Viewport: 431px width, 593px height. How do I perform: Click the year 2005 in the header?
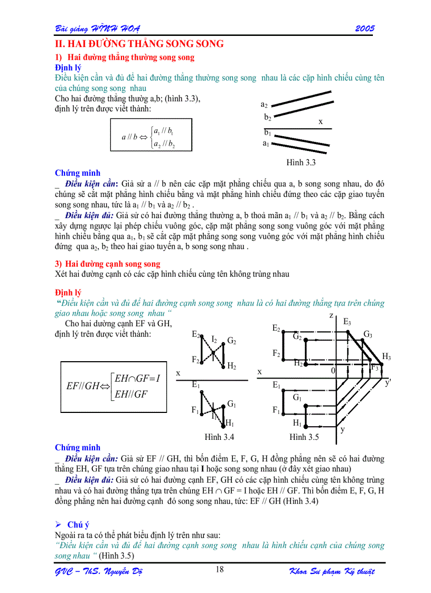pyautogui.click(x=364, y=28)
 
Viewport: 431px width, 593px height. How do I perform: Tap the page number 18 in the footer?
pyautogui.click(x=220, y=569)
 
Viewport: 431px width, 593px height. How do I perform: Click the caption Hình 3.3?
pyautogui.click(x=301, y=163)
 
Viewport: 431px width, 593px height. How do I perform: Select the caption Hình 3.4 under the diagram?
pyautogui.click(x=219, y=437)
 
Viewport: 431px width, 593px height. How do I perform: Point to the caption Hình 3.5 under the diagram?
pyautogui.click(x=304, y=437)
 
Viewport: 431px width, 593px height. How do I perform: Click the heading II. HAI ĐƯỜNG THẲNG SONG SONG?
pyautogui.click(x=139, y=44)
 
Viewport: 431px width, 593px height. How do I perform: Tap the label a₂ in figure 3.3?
pyautogui.click(x=264, y=105)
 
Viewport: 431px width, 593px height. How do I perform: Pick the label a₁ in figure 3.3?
pyautogui.click(x=266, y=143)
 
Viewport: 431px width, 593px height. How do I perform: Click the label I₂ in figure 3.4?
pyautogui.click(x=214, y=339)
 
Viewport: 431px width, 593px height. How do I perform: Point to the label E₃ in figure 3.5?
pyautogui.click(x=347, y=321)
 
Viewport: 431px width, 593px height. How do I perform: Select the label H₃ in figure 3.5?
pyautogui.click(x=387, y=357)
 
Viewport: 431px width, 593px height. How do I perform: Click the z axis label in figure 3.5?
pyautogui.click(x=332, y=315)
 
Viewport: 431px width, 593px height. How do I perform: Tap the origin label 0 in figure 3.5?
pyautogui.click(x=333, y=371)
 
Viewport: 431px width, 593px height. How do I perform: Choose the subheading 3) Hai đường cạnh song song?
pyautogui.click(x=108, y=264)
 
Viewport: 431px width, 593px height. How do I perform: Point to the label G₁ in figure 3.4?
pyautogui.click(x=231, y=404)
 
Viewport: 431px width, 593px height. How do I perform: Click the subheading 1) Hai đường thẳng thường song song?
pyautogui.click(x=125, y=58)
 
